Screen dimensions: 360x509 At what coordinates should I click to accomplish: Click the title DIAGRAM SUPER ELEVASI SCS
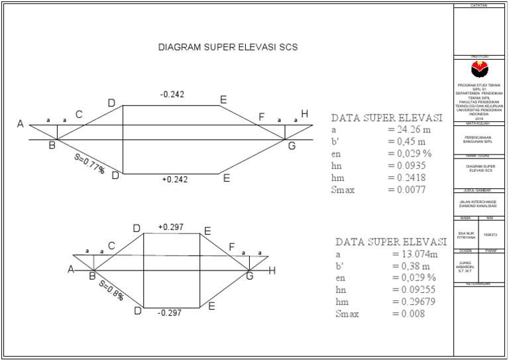pos(227,48)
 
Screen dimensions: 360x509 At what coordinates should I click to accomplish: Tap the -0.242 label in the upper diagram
pos(172,95)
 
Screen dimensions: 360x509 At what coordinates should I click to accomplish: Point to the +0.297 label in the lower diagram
pos(170,227)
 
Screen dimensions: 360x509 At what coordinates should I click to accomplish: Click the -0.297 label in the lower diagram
pos(170,313)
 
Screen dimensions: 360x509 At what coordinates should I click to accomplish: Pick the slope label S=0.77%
pos(89,164)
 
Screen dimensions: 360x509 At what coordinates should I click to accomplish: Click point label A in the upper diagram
pos(21,125)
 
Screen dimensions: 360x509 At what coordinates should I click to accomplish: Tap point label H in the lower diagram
pos(272,270)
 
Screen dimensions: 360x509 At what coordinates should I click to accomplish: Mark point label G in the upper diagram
pos(292,146)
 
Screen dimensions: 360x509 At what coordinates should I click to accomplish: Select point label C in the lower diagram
pos(111,246)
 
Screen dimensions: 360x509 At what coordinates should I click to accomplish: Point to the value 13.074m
pos(416,254)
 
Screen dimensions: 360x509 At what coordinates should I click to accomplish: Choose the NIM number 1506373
pos(491,234)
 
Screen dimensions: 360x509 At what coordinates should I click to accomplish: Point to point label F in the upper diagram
pos(262,117)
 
